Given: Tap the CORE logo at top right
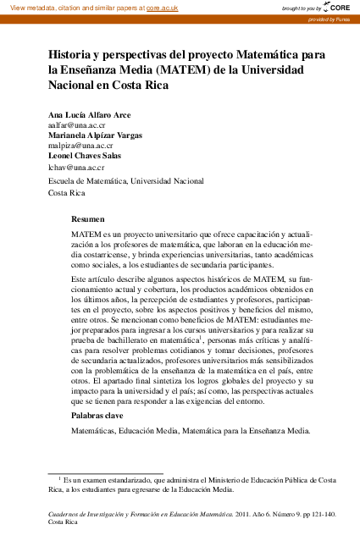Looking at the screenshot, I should click(335, 7).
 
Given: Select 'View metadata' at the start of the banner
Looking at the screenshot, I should click(30, 7).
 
